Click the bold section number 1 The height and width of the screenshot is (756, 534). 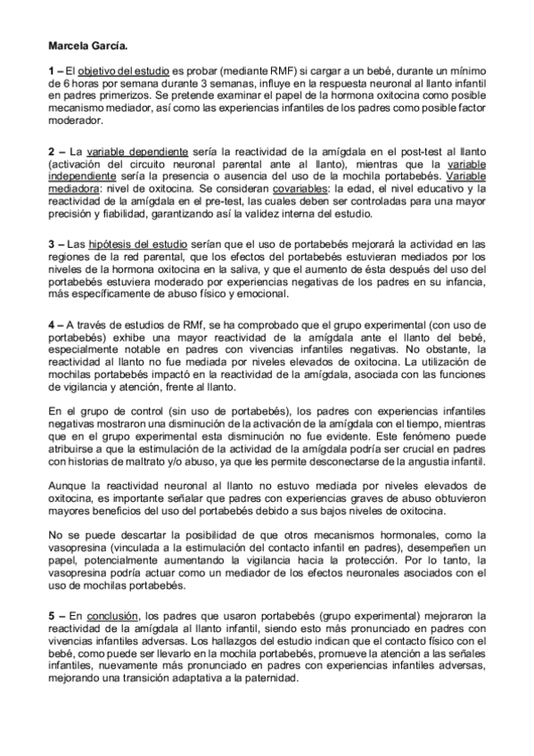click(51, 70)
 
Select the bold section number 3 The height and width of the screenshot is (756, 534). click(51, 243)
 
